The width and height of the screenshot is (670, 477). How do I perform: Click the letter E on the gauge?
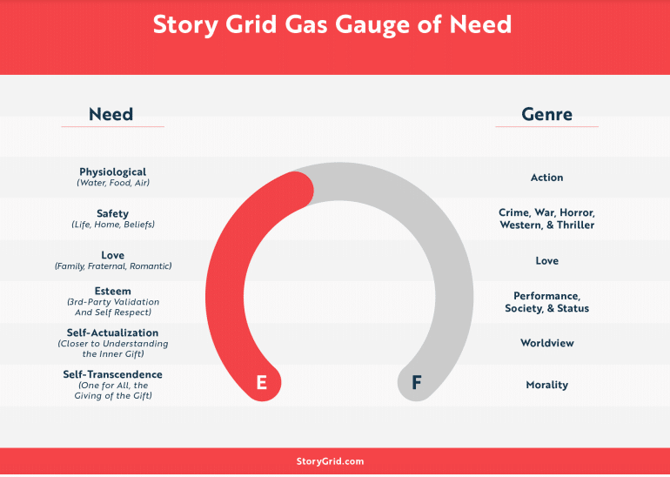262,382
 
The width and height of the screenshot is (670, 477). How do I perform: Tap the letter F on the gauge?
417,382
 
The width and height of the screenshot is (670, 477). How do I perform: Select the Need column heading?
111,114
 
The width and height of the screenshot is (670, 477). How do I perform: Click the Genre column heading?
547,114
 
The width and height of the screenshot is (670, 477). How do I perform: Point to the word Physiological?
113,171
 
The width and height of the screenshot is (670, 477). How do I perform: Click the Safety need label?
113,213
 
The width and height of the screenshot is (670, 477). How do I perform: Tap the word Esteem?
113,291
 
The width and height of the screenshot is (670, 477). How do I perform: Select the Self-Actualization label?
113,333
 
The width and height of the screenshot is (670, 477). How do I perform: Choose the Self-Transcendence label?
113,374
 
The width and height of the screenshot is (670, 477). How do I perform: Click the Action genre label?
547,178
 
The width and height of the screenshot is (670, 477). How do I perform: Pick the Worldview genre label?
547,343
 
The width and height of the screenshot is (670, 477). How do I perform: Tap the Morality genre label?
547,385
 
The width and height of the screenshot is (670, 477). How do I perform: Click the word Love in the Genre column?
547,260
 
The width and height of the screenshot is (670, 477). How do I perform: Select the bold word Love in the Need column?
113,255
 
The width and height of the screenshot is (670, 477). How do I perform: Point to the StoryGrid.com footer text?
331,461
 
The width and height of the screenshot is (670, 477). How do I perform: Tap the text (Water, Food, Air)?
113,183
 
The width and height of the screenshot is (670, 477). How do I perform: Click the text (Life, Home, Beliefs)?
113,225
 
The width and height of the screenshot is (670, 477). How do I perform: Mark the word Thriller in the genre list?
575,225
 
